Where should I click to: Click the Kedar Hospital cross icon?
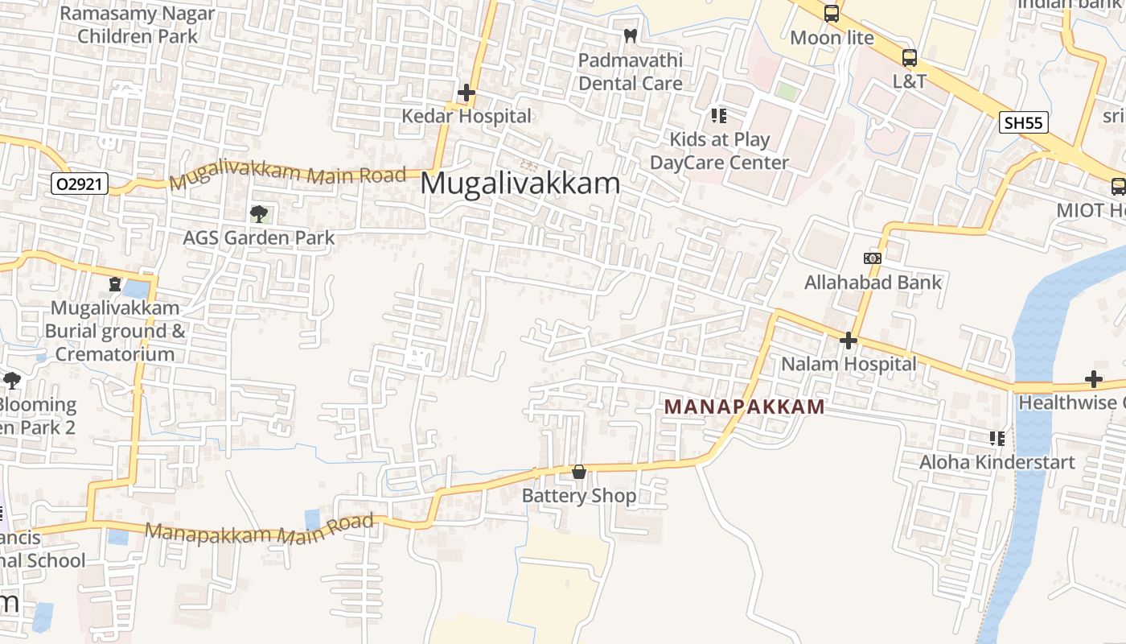(466, 93)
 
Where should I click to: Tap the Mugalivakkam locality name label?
(520, 184)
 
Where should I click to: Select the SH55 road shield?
(1024, 122)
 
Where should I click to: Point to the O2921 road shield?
(79, 184)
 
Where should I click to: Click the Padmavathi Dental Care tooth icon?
(631, 36)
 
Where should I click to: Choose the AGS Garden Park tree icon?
(258, 214)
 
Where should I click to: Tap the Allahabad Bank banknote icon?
(872, 258)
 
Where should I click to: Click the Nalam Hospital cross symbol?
(848, 341)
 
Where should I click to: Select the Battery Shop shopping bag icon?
(578, 473)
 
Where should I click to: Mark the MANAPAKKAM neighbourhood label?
(745, 407)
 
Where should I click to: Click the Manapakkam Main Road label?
(261, 529)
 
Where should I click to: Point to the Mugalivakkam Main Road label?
(287, 175)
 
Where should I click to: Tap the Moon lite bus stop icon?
(831, 14)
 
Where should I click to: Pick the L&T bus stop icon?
(909, 58)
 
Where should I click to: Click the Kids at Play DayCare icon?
(718, 116)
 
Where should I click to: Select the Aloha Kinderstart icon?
(997, 439)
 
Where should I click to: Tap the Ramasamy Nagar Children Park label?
(138, 25)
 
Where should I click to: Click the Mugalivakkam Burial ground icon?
(115, 284)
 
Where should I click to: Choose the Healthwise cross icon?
(1093, 379)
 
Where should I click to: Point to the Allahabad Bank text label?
(873, 283)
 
